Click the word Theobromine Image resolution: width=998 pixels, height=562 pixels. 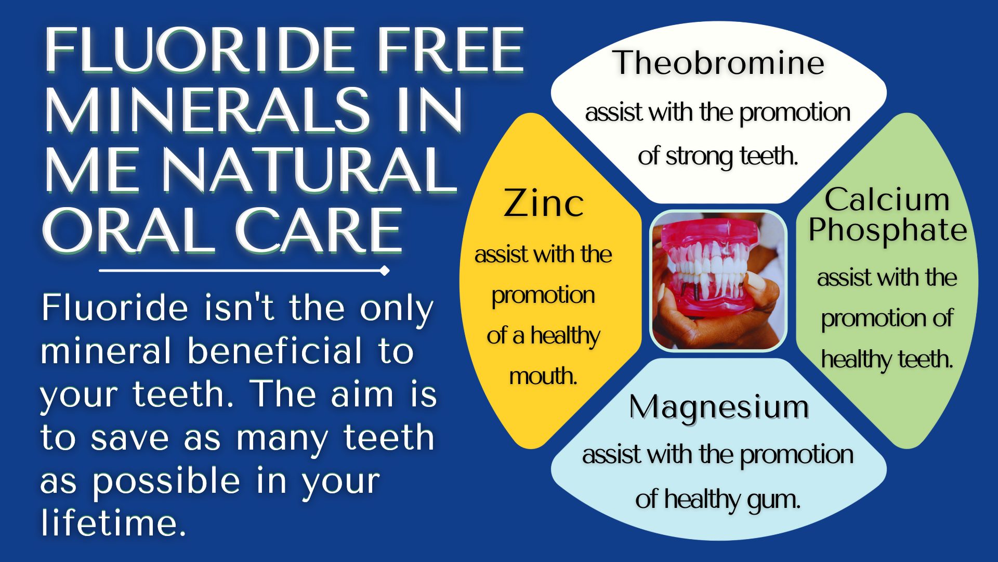point(718,62)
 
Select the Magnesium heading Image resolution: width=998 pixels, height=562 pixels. point(719,407)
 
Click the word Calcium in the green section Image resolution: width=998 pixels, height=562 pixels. point(887,199)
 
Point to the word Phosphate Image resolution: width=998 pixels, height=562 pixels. point(887,231)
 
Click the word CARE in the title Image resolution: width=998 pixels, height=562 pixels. point(319,230)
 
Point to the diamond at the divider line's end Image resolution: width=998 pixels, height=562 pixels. point(385,271)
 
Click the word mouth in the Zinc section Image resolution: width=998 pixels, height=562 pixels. point(543,376)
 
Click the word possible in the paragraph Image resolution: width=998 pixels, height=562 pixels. point(166,481)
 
